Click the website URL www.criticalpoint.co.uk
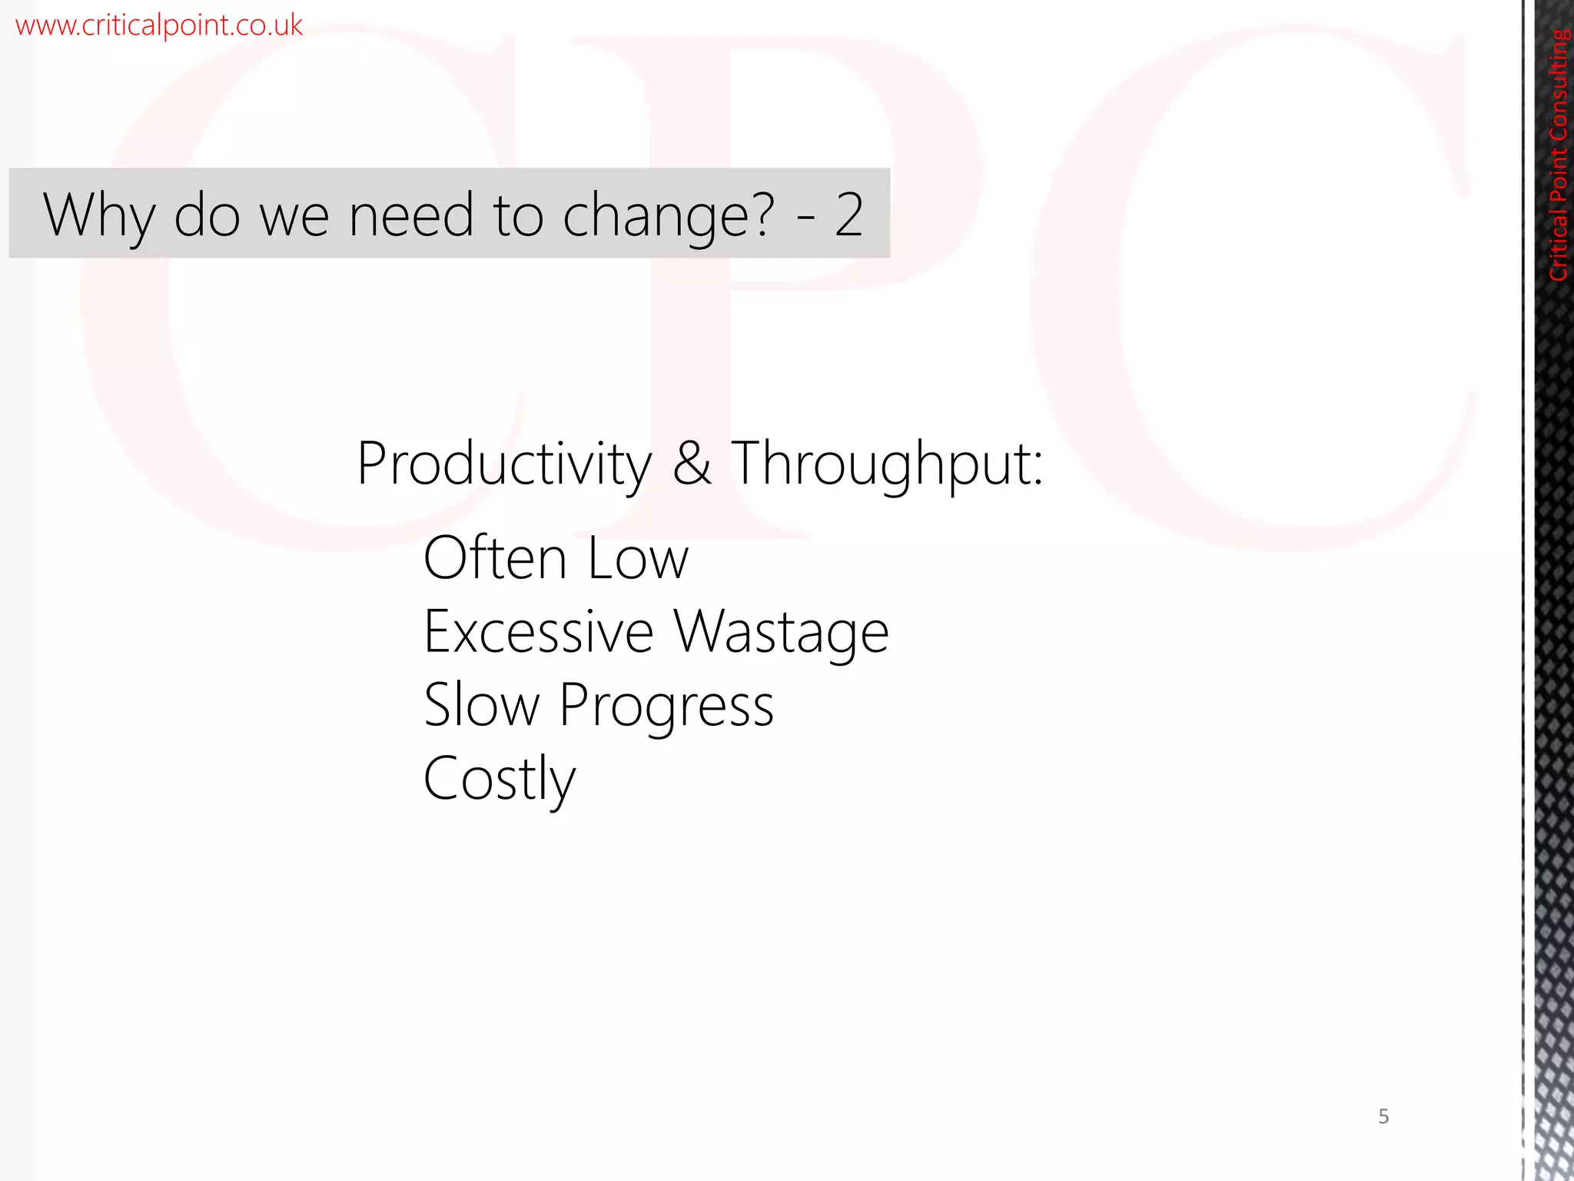(158, 25)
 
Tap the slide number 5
(1383, 1116)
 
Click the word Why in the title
(99, 215)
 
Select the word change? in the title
(669, 217)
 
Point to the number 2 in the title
(849, 215)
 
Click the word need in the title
(411, 215)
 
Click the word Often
(495, 557)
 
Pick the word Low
(638, 558)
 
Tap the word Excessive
(539, 632)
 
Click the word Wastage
(782, 632)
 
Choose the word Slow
(482, 705)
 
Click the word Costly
(500, 780)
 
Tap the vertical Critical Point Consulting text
(1559, 154)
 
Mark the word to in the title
(519, 215)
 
